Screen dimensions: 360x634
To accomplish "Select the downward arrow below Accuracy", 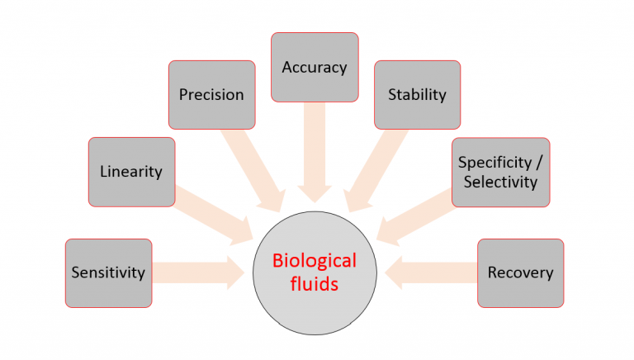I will click(315, 153).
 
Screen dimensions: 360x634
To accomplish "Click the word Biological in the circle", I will click(315, 262).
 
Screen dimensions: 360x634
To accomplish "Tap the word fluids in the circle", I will click(315, 285).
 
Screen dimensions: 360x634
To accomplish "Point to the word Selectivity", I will click(500, 181).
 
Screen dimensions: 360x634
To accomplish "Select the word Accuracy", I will click(315, 68).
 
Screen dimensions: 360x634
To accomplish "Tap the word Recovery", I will click(520, 272).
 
